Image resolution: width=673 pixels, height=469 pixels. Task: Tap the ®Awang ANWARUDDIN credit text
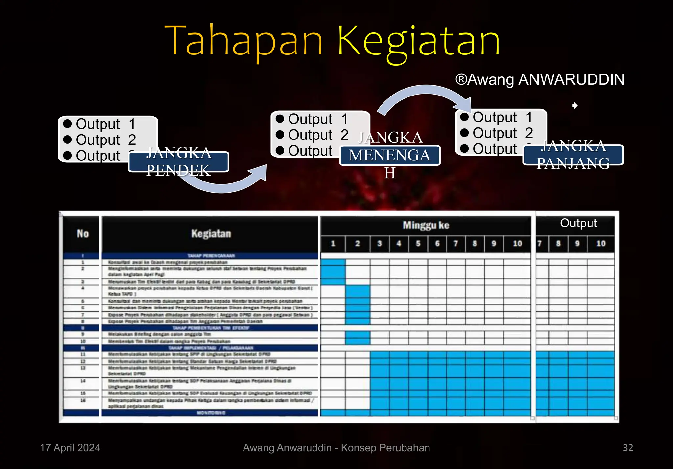540,80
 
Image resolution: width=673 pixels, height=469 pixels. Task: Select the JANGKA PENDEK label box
178,161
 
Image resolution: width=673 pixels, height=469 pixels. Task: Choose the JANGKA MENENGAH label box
390,155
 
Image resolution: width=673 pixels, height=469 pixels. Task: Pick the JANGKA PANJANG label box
573,155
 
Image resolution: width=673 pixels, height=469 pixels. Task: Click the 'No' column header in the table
83,234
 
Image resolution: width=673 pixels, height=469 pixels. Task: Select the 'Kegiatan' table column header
211,234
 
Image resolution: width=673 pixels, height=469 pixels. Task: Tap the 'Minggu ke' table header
426,225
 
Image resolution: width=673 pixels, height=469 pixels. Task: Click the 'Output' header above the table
578,223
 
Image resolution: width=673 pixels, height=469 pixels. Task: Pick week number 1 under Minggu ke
333,244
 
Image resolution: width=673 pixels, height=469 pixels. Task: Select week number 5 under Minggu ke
418,244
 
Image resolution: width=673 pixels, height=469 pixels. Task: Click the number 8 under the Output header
558,244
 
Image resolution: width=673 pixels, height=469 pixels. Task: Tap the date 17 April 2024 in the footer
70,448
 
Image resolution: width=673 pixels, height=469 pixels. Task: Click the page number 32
628,448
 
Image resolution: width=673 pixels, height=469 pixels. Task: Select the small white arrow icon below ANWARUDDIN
575,106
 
